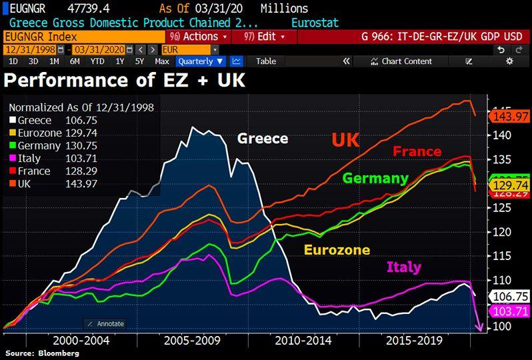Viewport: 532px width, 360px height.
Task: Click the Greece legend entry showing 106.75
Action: click(x=40, y=120)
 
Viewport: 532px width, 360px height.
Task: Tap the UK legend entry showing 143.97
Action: click(x=37, y=183)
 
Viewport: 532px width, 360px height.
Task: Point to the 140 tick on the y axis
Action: click(x=501, y=135)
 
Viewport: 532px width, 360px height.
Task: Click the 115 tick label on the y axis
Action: click(x=501, y=256)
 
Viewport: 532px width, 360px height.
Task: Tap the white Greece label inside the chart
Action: click(x=263, y=139)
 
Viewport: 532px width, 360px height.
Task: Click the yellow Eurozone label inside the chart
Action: click(x=337, y=250)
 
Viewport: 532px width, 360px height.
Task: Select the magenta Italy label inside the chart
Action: click(x=404, y=267)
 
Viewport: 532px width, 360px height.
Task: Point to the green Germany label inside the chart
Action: click(x=375, y=178)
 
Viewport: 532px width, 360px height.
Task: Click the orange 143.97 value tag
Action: click(x=510, y=116)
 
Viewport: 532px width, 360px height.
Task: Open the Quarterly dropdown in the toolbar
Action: click(x=200, y=61)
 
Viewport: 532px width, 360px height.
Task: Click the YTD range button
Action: click(x=97, y=61)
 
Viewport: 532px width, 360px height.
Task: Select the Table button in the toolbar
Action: click(x=266, y=61)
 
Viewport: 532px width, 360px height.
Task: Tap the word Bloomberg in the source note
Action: click(x=58, y=353)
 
